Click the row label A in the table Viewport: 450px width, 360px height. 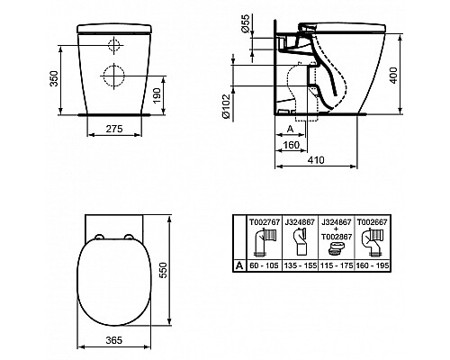click(238, 265)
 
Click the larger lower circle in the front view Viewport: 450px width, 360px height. click(116, 73)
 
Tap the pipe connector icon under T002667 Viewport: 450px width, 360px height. click(373, 241)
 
